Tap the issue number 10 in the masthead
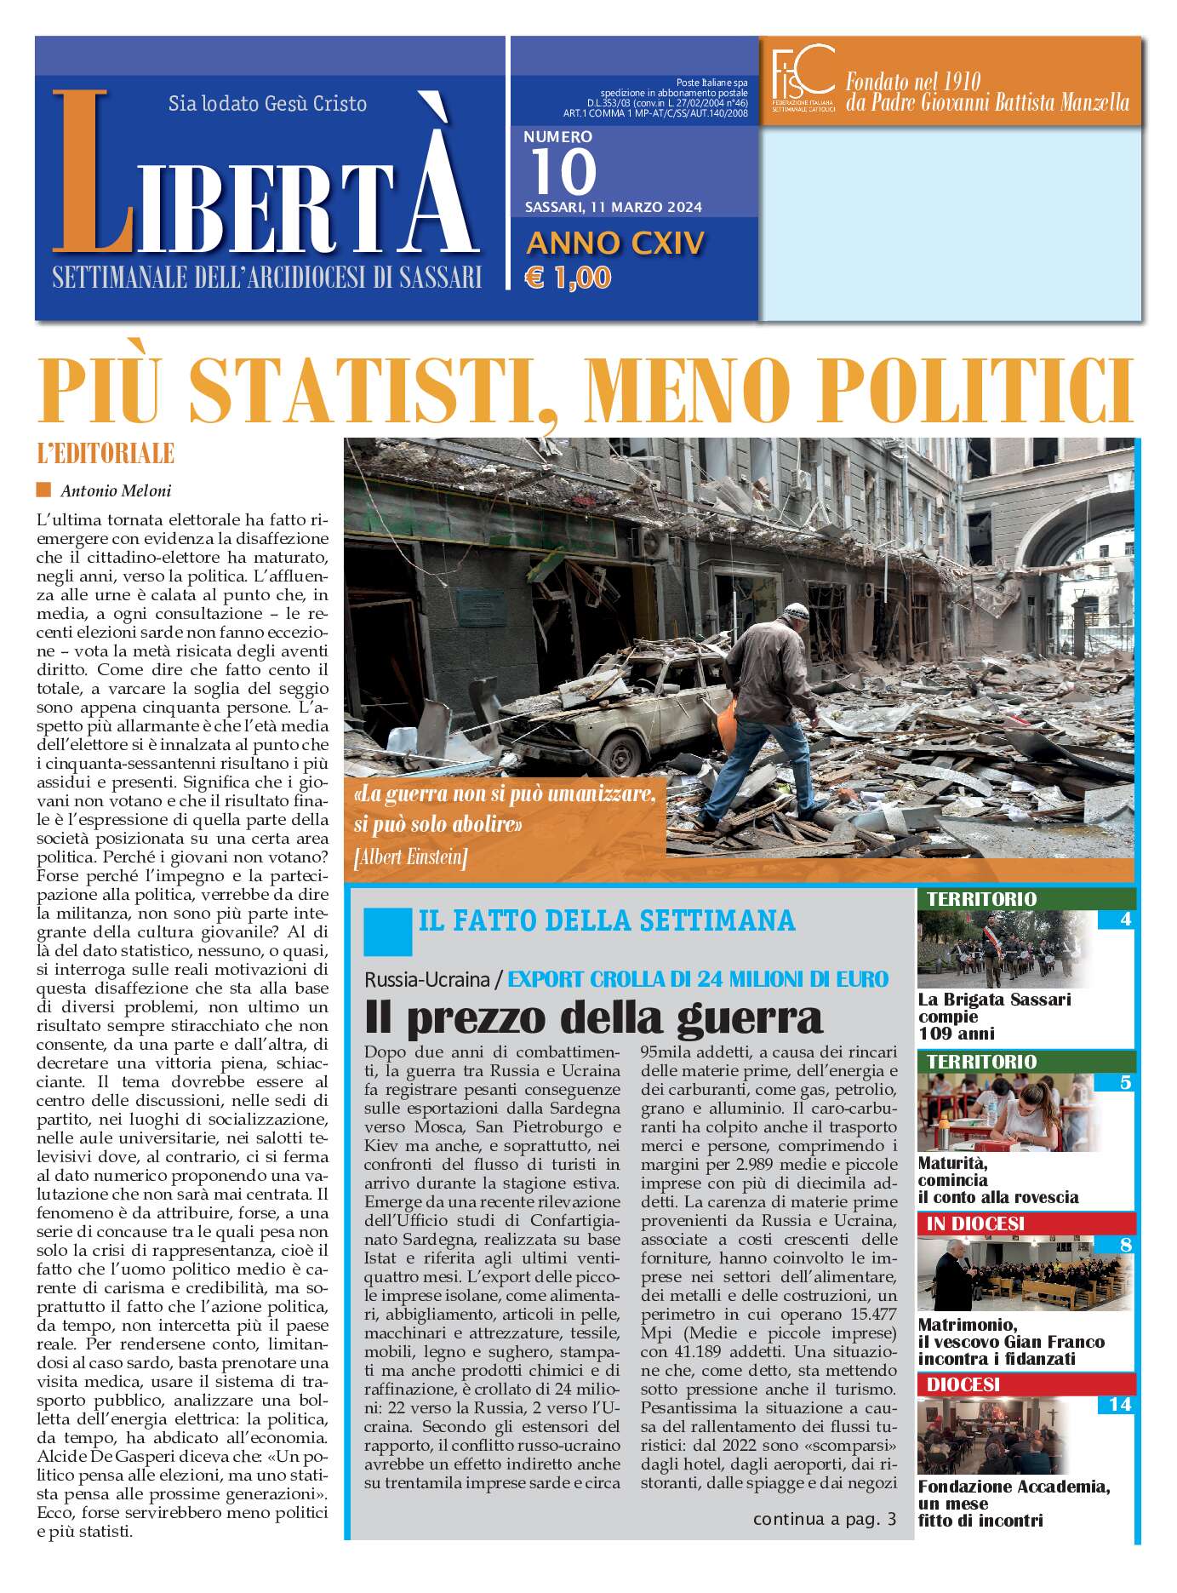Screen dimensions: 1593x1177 [x=563, y=172]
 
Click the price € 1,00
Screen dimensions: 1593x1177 [x=569, y=278]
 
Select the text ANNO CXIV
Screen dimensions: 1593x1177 [x=615, y=244]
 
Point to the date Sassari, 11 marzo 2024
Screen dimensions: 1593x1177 [x=613, y=207]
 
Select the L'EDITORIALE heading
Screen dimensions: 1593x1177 [x=106, y=454]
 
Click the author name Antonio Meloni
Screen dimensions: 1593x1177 [x=116, y=490]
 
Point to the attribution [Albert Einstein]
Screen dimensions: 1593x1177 [x=410, y=857]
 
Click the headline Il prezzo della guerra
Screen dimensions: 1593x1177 [x=593, y=1017]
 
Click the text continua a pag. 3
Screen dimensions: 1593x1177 [x=824, y=1520]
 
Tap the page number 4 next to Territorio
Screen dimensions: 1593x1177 [x=1125, y=920]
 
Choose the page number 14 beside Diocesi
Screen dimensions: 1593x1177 [x=1119, y=1404]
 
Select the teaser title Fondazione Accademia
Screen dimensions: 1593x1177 [x=1013, y=1487]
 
